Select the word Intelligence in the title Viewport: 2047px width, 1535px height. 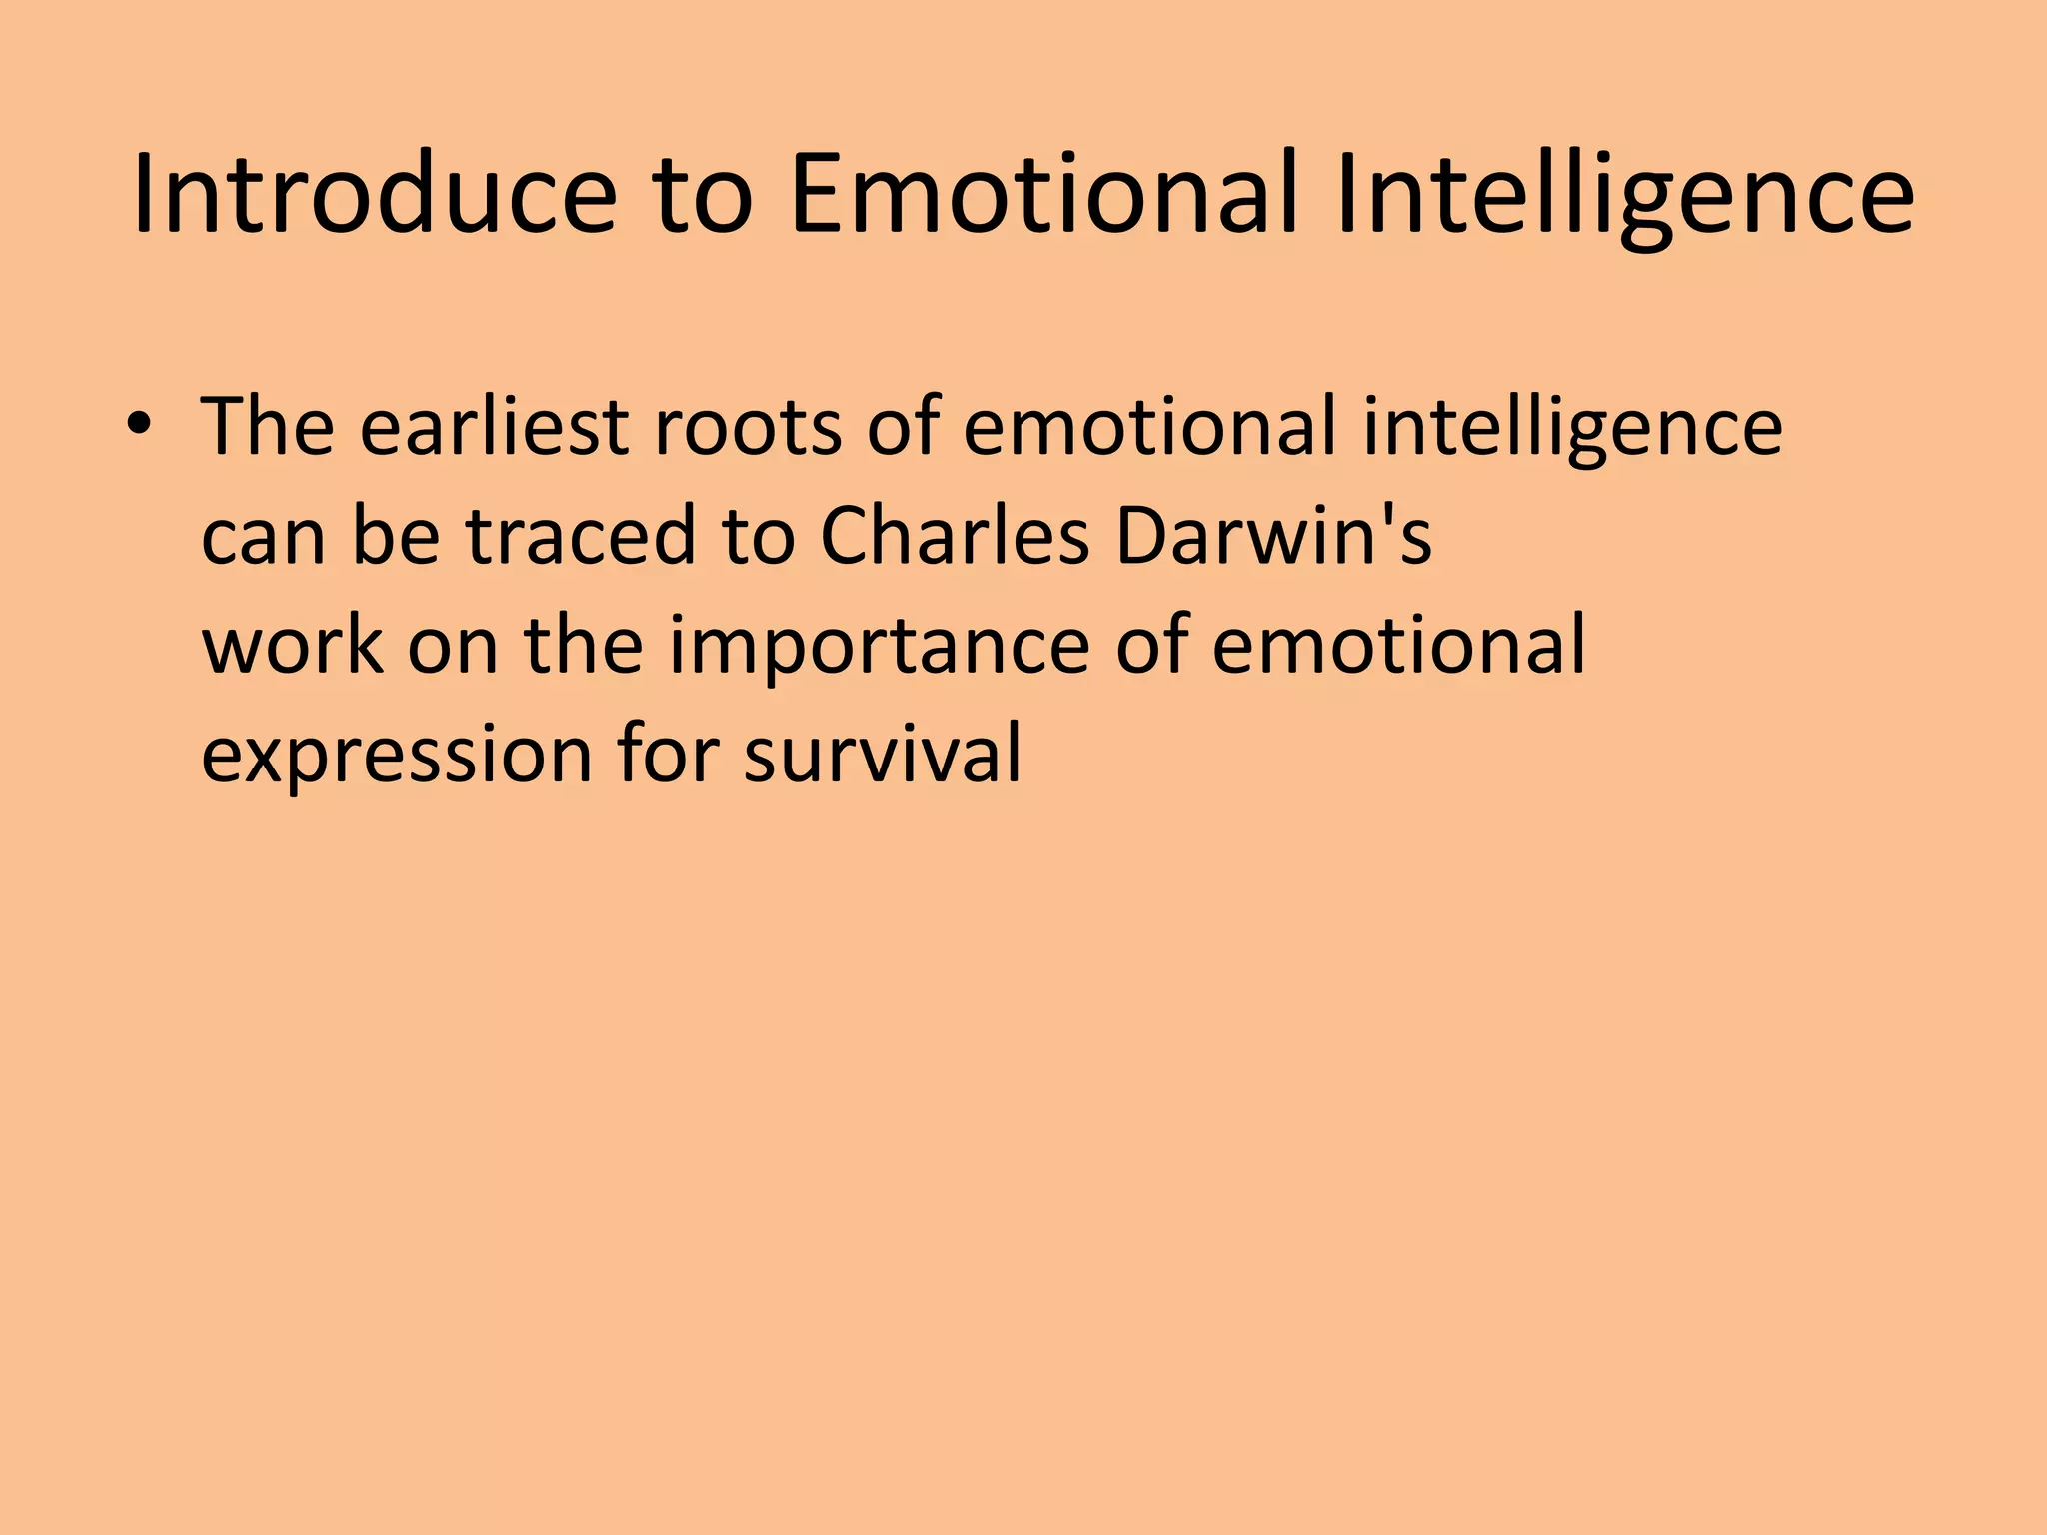pos(1625,194)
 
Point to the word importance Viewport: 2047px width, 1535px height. pos(879,646)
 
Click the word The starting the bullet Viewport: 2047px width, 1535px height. pos(268,427)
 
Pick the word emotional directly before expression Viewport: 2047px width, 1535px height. pos(1398,646)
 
